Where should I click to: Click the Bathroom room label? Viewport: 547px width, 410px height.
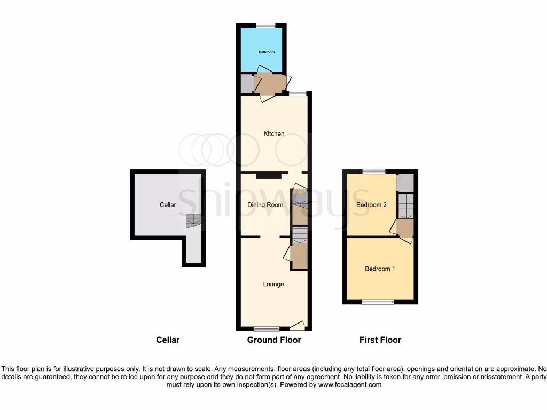point(267,52)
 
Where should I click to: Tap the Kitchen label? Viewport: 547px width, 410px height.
point(274,133)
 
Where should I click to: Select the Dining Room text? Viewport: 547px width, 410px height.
point(265,204)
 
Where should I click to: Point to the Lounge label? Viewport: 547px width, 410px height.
point(273,284)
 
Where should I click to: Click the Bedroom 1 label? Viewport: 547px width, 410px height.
point(380,269)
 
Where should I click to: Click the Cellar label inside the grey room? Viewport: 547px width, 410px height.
point(168,204)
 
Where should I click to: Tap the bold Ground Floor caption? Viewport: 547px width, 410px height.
point(274,340)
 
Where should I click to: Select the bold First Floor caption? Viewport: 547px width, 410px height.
point(380,340)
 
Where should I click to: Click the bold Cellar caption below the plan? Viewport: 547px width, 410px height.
point(168,340)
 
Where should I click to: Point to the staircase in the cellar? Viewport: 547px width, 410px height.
point(193,220)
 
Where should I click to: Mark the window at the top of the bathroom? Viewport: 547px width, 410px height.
point(265,26)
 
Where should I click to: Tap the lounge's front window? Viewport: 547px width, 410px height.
point(266,328)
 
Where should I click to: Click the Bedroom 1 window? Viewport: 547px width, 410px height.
point(378,302)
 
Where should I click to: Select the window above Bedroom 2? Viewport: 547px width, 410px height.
point(373,171)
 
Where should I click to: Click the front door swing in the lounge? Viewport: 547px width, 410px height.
point(298,325)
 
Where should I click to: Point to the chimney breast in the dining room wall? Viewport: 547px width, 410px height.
point(268,175)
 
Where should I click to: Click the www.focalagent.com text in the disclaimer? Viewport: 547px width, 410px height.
point(350,384)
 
